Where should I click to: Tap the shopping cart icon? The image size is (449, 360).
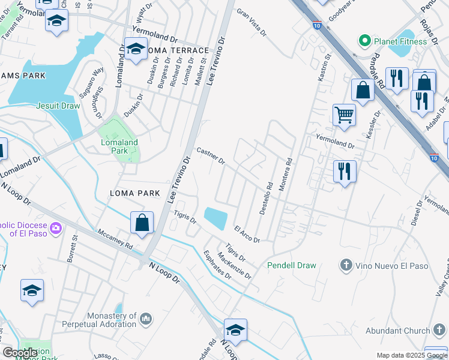coord(344,114)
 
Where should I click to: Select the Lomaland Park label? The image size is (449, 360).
coord(119,146)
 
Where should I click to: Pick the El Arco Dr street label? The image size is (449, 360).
coord(247,235)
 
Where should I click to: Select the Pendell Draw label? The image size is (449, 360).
coord(291,265)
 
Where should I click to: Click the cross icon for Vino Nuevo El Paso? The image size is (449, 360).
coord(346,265)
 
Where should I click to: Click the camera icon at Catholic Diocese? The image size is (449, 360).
coord(56,227)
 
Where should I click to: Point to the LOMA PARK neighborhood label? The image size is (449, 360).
coord(135,193)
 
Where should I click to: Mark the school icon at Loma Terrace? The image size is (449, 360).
coord(136,49)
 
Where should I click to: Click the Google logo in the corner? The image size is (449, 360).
coord(20,353)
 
